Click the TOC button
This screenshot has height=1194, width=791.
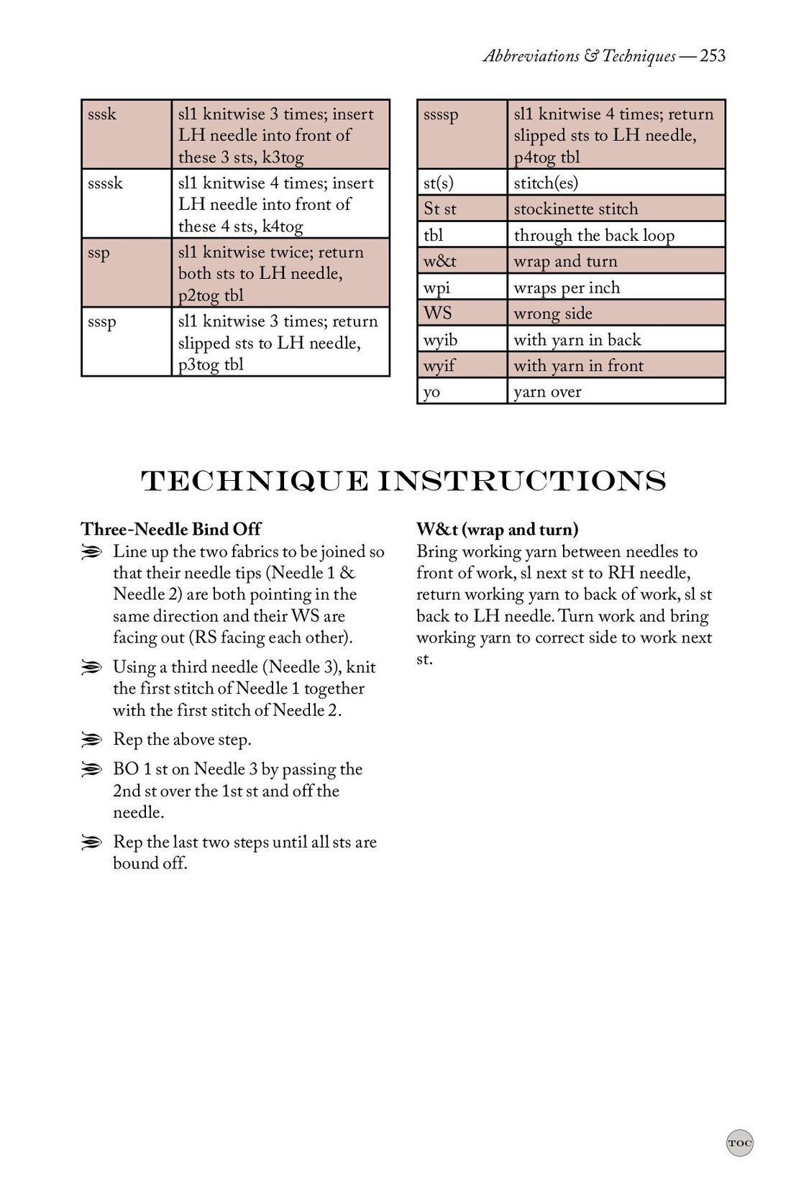(740, 1143)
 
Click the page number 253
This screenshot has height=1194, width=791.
(712, 56)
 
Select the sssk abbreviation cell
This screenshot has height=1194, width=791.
(126, 134)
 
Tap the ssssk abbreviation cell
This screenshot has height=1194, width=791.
(126, 203)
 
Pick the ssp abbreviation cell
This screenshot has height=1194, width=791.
(126, 272)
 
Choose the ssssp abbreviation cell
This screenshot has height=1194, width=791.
(462, 134)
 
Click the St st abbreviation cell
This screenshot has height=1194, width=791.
(462, 209)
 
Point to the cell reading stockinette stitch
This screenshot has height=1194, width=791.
(615, 209)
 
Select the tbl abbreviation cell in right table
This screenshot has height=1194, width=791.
(462, 235)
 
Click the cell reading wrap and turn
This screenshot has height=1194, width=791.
(615, 262)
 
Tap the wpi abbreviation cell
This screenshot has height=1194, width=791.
(462, 288)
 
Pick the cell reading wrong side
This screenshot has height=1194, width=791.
(615, 313)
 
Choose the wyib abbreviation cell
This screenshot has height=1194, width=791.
(462, 339)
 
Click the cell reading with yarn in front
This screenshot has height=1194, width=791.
(615, 366)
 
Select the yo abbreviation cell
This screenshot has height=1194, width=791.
(462, 392)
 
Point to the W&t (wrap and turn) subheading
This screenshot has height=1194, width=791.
(498, 530)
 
